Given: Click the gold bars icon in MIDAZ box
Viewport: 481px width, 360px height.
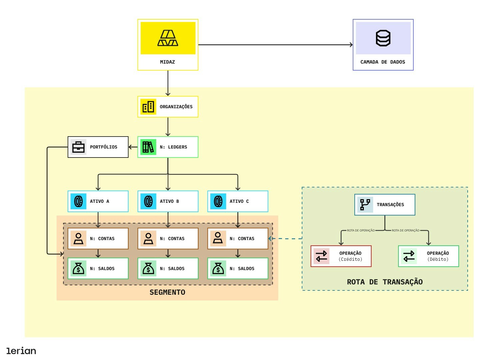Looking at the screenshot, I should tap(168, 38).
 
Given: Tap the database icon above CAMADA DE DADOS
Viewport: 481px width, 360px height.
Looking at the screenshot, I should tap(383, 38).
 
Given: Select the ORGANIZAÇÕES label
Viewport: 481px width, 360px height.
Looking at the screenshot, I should tap(176, 107).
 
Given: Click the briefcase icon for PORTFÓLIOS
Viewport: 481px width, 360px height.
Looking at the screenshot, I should tap(78, 147).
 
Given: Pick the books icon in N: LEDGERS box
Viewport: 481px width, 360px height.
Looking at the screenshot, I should tap(148, 147).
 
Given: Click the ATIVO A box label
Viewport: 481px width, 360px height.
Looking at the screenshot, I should tap(99, 201).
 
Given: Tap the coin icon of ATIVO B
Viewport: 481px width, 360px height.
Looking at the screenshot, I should tap(148, 201).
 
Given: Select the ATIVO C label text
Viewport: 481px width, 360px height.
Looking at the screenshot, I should tap(239, 201).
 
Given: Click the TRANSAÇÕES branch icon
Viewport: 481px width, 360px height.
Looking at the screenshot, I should tap(365, 204).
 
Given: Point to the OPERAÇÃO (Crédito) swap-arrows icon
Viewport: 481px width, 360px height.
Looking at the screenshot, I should tap(321, 256).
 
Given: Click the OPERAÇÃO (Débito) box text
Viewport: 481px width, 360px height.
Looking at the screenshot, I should tap(438, 256).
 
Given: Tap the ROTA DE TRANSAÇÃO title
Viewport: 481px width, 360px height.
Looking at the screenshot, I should tap(385, 282).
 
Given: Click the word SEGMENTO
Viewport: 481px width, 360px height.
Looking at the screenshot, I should tap(167, 292).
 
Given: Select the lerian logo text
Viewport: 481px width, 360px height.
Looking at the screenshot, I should tap(21, 351).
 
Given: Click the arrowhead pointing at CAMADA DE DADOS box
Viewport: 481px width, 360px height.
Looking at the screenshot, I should tap(351, 45).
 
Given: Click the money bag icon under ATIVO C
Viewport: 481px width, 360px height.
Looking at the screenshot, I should tap(218, 268).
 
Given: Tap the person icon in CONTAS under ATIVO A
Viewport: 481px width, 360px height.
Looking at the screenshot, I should tap(78, 238).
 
